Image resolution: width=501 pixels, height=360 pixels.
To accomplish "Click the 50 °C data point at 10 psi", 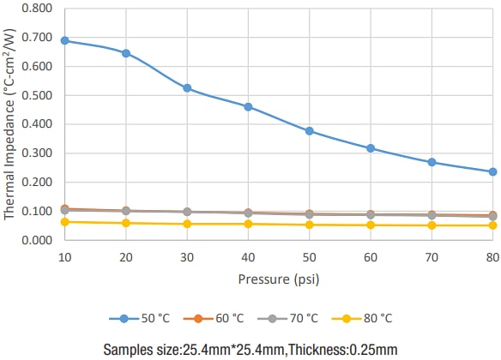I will coord(64,40).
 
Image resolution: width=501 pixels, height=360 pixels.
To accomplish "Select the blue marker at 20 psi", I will coord(126,53).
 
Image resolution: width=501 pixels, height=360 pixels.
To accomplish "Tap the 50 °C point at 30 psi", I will coord(187,88).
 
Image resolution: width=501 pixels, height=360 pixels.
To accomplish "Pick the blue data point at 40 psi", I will coord(248,107).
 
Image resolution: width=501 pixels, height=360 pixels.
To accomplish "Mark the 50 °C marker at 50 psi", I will coord(310,131).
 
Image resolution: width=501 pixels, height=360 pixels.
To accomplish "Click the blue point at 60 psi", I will coord(371,148).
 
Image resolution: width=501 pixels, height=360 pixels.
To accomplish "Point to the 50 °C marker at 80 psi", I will coord(493,171).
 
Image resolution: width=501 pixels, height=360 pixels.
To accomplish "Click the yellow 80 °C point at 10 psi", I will coord(64,222).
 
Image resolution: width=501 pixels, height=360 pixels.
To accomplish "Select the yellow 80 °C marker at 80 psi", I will coord(493,225).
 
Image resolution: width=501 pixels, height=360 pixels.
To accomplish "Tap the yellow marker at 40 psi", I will coord(248,224).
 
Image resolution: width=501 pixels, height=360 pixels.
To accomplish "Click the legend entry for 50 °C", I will coord(141,318).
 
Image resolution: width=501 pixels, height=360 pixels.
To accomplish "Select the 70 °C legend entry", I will coord(287,318).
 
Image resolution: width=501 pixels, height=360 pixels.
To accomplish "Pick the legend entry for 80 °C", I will coord(359,318).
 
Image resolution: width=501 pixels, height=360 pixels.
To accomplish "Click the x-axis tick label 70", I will coord(432,256).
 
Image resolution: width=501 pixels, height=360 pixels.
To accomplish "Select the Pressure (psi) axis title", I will coord(279,279).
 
